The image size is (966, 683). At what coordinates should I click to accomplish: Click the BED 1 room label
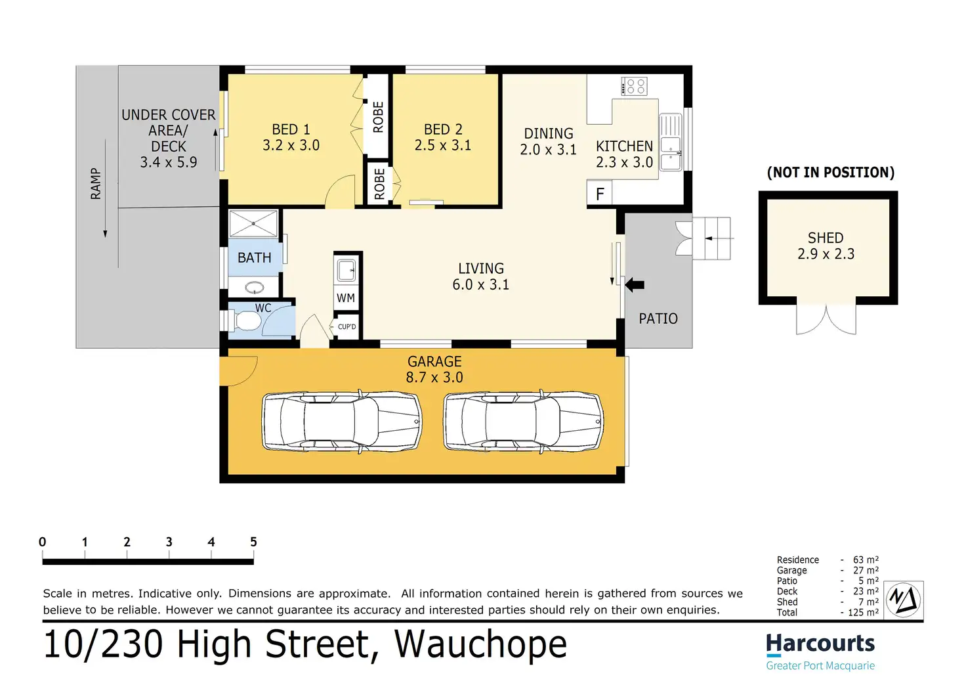[291, 129]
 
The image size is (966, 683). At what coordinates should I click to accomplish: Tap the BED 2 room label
[443, 129]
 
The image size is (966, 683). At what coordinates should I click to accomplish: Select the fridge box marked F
[599, 194]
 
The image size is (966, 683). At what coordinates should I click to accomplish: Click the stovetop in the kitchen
[634, 86]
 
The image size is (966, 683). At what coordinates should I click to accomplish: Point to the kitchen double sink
[671, 143]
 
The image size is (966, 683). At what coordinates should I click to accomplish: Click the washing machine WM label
[346, 297]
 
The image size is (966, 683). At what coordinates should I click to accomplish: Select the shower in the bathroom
[253, 223]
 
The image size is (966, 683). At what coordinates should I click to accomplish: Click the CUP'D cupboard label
[346, 326]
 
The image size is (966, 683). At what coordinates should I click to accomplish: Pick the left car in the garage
[342, 422]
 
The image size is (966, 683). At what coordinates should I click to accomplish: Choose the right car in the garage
[524, 422]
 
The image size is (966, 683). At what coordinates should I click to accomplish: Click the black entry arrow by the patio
[635, 285]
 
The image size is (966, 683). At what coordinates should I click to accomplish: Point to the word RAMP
[96, 184]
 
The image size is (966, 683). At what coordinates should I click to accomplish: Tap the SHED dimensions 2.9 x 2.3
[826, 253]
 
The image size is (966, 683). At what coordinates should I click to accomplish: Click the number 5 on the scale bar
[253, 542]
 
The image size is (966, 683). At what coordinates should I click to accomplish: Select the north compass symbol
[904, 600]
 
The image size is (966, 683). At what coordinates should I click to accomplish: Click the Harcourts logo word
[820, 644]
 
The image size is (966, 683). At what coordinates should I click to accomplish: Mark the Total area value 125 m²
[863, 612]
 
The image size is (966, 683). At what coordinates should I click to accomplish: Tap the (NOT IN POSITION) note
[831, 173]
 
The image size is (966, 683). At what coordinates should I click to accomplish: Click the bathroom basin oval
[255, 287]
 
